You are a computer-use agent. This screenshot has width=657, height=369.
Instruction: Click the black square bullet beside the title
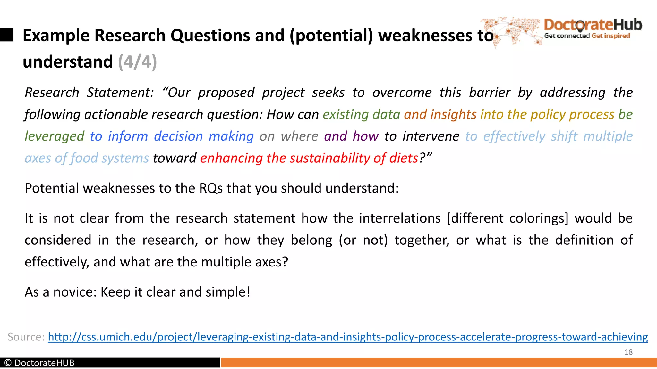(6, 35)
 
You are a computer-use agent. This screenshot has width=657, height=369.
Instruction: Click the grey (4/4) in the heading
(137, 61)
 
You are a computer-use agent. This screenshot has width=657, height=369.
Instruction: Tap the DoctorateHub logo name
(593, 25)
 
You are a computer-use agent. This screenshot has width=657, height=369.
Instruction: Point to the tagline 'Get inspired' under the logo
(611, 36)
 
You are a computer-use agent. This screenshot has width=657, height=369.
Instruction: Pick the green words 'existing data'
(361, 114)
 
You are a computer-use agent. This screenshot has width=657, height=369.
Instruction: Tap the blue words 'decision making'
(204, 136)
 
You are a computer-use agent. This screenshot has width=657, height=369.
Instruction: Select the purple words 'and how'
(351, 136)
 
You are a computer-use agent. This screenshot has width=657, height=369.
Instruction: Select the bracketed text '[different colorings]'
(507, 218)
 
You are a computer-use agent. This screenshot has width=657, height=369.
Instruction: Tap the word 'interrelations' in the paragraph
(400, 218)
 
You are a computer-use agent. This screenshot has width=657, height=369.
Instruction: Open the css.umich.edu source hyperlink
(348, 337)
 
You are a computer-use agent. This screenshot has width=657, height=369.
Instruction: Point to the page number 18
(628, 352)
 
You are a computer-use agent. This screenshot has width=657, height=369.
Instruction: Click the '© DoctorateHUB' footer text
(39, 363)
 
